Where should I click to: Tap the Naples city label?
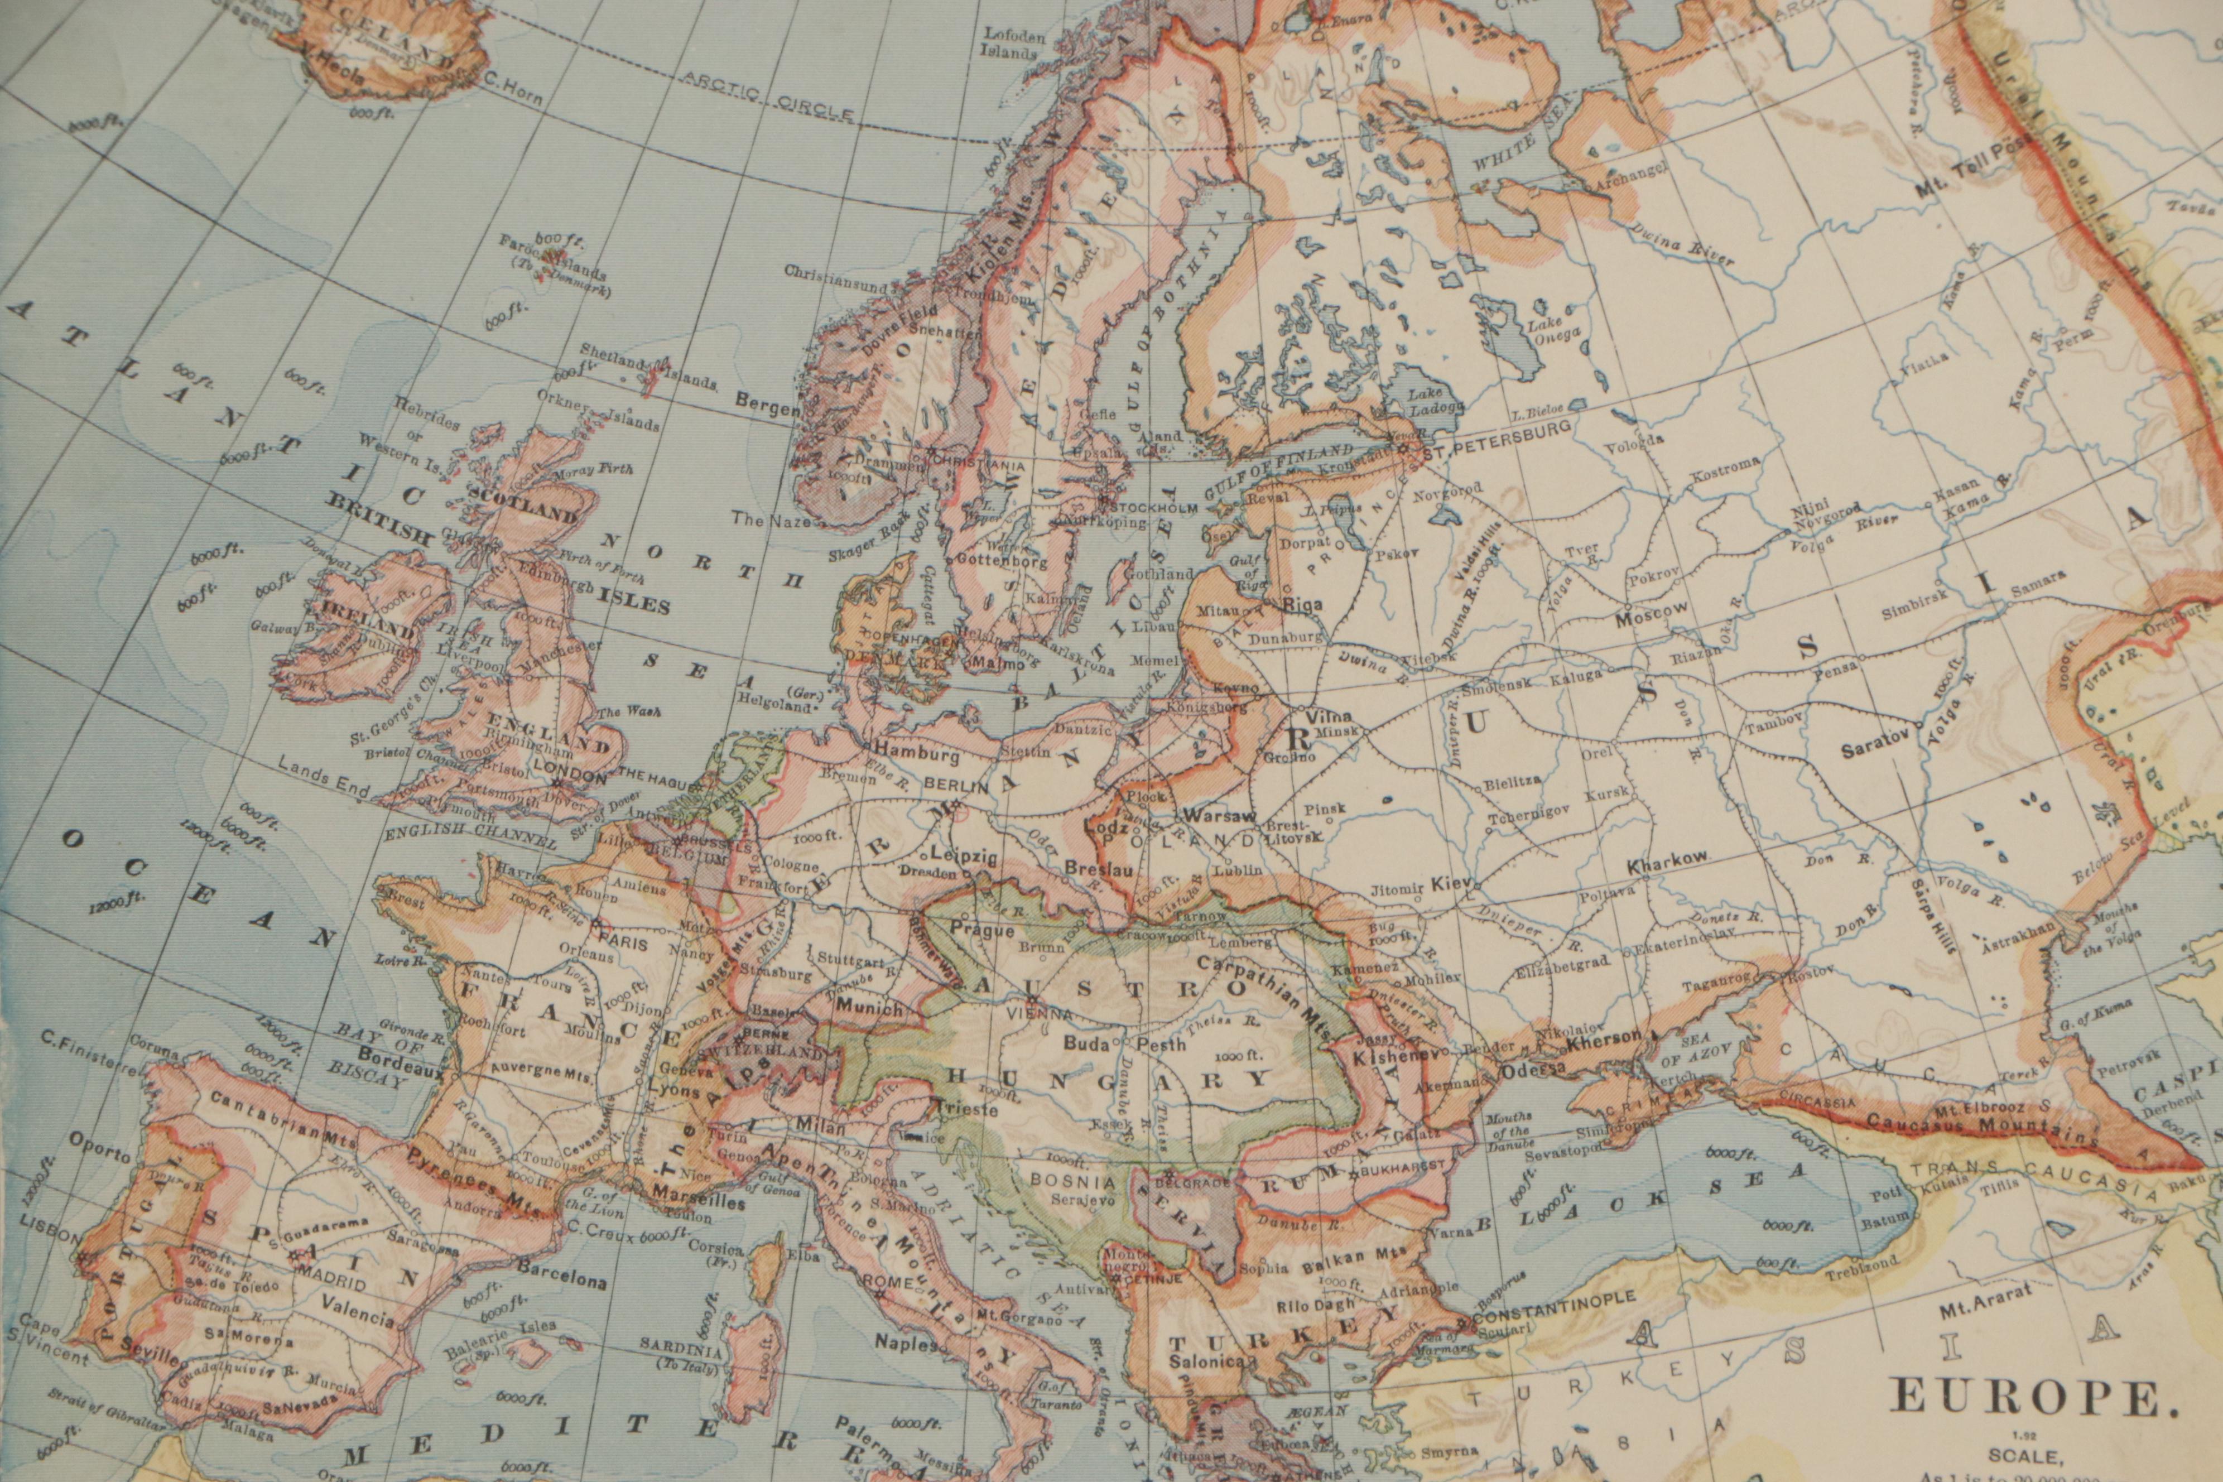(906, 1342)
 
